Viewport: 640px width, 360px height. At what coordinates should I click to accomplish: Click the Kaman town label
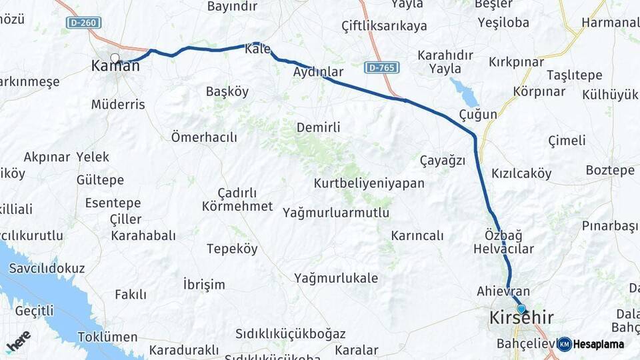[x=115, y=66]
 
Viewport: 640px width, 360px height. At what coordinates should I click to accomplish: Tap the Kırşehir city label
[x=521, y=318]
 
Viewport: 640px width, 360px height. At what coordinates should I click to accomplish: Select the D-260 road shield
[x=76, y=23]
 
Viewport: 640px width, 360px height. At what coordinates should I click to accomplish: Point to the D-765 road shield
[x=381, y=67]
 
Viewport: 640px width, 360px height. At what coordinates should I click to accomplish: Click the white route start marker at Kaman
[x=115, y=58]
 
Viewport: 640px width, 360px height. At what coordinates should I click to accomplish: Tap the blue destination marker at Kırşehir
[x=521, y=309]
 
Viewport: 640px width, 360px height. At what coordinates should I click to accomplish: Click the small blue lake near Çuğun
[x=465, y=92]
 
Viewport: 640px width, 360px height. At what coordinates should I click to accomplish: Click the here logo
[x=18, y=341]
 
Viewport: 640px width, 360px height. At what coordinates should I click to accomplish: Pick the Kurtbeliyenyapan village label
[x=369, y=183]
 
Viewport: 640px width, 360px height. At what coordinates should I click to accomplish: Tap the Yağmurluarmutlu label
[x=335, y=213]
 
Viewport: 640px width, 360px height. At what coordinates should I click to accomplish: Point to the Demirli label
[x=318, y=127]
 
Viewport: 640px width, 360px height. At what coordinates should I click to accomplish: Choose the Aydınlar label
[x=318, y=72]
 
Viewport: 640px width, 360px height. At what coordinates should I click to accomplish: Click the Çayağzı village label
[x=442, y=160]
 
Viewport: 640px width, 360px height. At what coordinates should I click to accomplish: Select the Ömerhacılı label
[x=204, y=137]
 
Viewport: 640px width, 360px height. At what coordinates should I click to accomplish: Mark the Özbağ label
[x=503, y=235]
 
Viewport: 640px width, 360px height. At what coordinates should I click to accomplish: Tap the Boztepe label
[x=610, y=170]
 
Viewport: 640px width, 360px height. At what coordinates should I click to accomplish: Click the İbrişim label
[x=204, y=285]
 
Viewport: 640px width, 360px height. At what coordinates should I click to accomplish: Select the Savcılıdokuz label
[x=47, y=268]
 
